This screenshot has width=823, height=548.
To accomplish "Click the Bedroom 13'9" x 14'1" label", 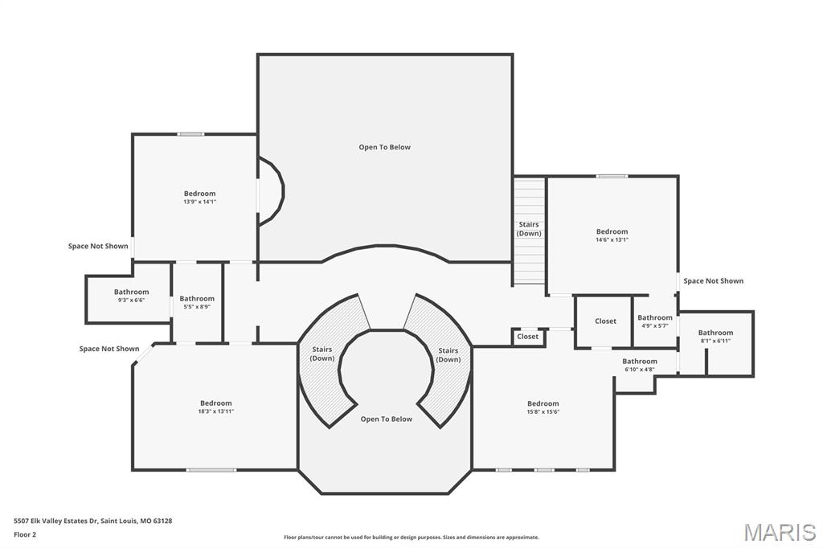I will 199,197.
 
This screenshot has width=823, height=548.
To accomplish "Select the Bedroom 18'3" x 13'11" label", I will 216,407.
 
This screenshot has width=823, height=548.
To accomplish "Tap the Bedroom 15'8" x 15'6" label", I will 543,407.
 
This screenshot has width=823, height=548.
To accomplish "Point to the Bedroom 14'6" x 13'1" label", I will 612,235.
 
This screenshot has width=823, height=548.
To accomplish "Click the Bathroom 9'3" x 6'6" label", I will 131,295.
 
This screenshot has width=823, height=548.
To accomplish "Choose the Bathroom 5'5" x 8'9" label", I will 197,302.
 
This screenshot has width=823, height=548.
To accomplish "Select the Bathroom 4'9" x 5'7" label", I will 655,321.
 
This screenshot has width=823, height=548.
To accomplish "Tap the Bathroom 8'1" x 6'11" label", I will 715,336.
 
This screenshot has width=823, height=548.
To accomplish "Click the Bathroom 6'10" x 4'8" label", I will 640,365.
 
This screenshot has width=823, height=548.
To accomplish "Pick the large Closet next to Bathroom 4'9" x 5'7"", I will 605,321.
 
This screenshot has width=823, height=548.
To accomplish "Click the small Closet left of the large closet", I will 528,337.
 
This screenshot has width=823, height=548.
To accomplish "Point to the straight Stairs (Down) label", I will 529,229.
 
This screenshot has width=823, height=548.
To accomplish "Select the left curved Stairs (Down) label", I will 322,354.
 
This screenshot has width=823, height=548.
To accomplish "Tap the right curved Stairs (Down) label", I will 448,354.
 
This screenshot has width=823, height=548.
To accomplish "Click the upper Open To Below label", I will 384,147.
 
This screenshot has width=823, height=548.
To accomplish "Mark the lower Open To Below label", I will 386,419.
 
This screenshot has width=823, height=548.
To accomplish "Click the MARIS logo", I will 780,532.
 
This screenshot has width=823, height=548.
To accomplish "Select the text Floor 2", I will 25,534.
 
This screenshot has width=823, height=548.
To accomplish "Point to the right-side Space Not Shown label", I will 713,281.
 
